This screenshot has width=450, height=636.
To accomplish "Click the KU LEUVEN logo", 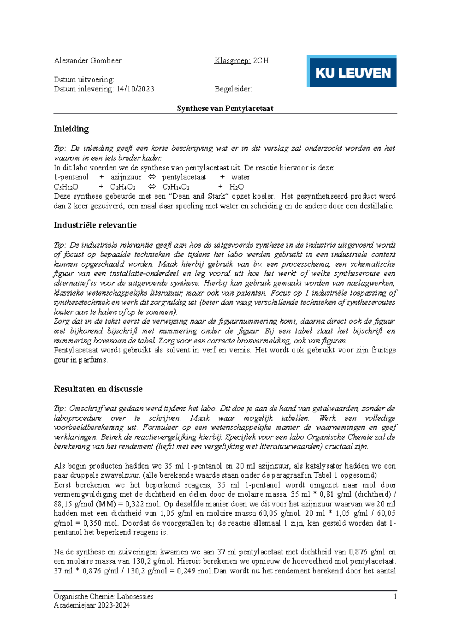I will pos(351,71).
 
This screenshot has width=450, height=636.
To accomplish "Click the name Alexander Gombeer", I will pos(87,61).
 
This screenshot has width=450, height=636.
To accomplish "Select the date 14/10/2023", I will pos(135,89).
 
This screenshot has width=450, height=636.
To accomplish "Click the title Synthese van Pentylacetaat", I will pos(225,109).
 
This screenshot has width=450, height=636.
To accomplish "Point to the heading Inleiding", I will pos(71,129).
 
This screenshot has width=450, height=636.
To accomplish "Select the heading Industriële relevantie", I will pos(95,225).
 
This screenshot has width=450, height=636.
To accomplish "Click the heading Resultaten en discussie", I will pos(98,389).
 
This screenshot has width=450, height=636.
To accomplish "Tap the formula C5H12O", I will pos(66,187).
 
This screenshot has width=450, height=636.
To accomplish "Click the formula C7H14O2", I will pos(175,187).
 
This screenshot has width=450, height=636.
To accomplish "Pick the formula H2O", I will pos(236,187).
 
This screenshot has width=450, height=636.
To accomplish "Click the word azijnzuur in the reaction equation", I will pos(126,177).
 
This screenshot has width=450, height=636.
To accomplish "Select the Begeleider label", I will pos(233,89).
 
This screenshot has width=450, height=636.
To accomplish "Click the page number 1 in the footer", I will pos(395,597).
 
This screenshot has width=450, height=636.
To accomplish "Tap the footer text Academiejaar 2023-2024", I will pos(92,605).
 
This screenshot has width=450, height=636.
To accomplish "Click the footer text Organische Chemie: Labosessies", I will pos(103,597).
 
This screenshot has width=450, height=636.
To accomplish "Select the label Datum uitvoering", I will pos(84,80).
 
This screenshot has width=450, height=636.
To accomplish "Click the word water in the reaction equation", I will pos(240,177).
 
